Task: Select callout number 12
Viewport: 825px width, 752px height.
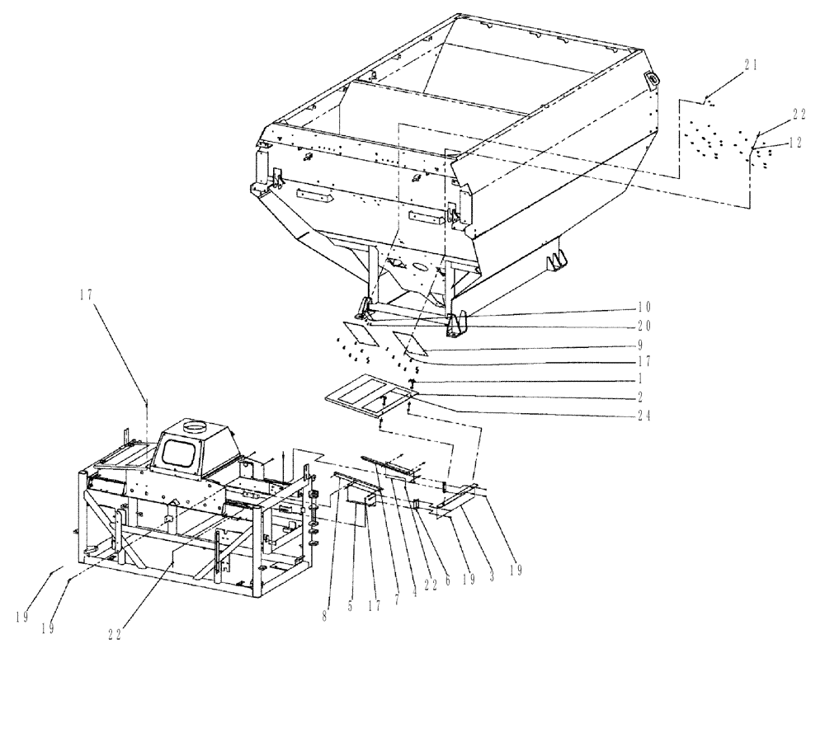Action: (795, 142)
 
